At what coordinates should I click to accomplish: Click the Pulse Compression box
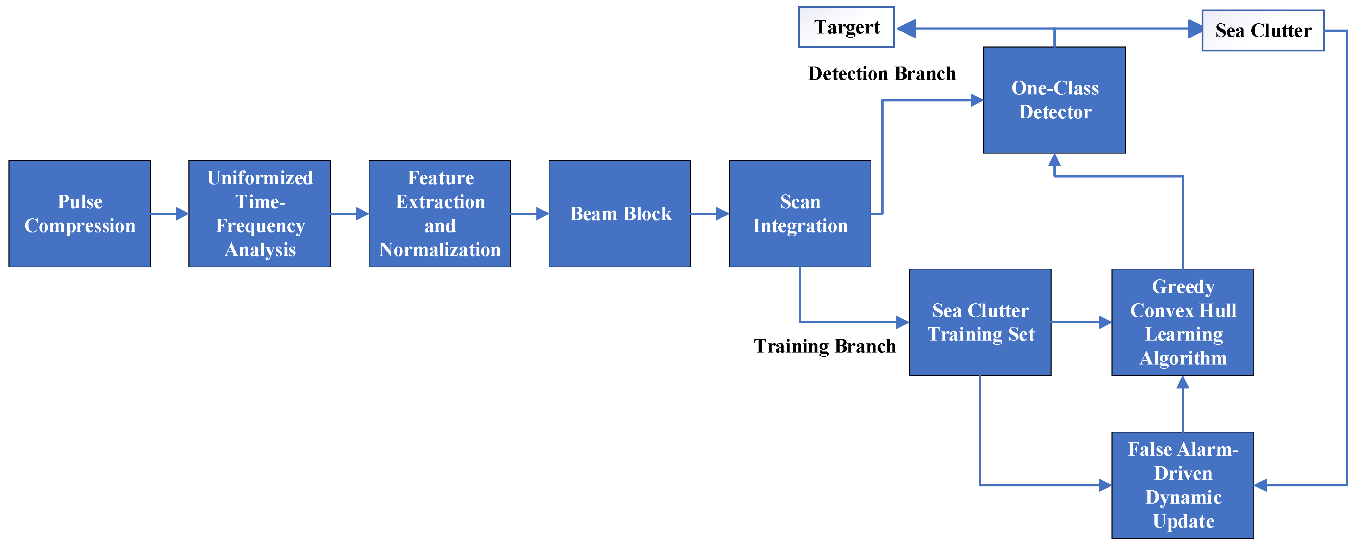[80, 214]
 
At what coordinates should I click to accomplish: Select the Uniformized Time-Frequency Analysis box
[260, 214]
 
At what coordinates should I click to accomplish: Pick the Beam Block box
[620, 214]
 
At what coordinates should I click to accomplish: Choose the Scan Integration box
[800, 214]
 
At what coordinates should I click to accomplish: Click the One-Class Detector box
[1054, 100]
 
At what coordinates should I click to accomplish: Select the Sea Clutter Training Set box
[980, 322]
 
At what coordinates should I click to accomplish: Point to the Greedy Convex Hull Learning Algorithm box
[1183, 322]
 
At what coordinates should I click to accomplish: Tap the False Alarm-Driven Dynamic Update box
[1183, 485]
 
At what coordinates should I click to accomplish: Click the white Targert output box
[847, 27]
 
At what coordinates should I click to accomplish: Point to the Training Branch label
[825, 346]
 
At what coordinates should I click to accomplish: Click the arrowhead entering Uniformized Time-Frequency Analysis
[182, 214]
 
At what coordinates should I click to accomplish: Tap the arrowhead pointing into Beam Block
[542, 214]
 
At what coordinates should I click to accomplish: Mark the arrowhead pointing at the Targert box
[906, 29]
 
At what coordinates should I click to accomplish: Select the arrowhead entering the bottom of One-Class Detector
[1054, 160]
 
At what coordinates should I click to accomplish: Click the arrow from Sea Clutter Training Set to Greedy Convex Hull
[1081, 322]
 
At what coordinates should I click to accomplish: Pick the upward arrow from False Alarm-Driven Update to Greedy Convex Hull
[1183, 404]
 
